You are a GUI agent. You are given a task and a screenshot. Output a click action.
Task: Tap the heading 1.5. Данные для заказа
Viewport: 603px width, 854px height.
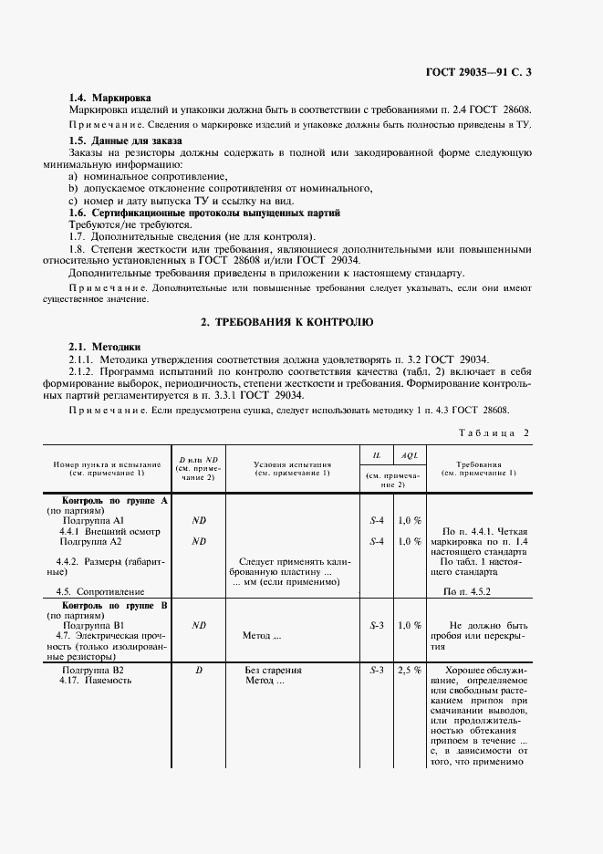126,141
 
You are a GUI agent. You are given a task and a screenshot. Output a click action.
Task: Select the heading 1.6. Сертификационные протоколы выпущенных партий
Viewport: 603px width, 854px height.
204,212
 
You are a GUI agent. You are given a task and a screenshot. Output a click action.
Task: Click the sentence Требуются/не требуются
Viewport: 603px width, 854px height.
130,224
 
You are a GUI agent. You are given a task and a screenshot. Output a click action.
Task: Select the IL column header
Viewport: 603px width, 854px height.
377,453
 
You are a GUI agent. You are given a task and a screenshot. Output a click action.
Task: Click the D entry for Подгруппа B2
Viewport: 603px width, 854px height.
199,670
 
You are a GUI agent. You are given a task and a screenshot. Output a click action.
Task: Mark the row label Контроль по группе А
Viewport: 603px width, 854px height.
114,501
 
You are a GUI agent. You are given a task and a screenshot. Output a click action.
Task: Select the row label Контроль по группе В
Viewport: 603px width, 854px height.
114,605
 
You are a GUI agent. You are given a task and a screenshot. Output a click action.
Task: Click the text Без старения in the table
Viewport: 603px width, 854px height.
274,670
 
